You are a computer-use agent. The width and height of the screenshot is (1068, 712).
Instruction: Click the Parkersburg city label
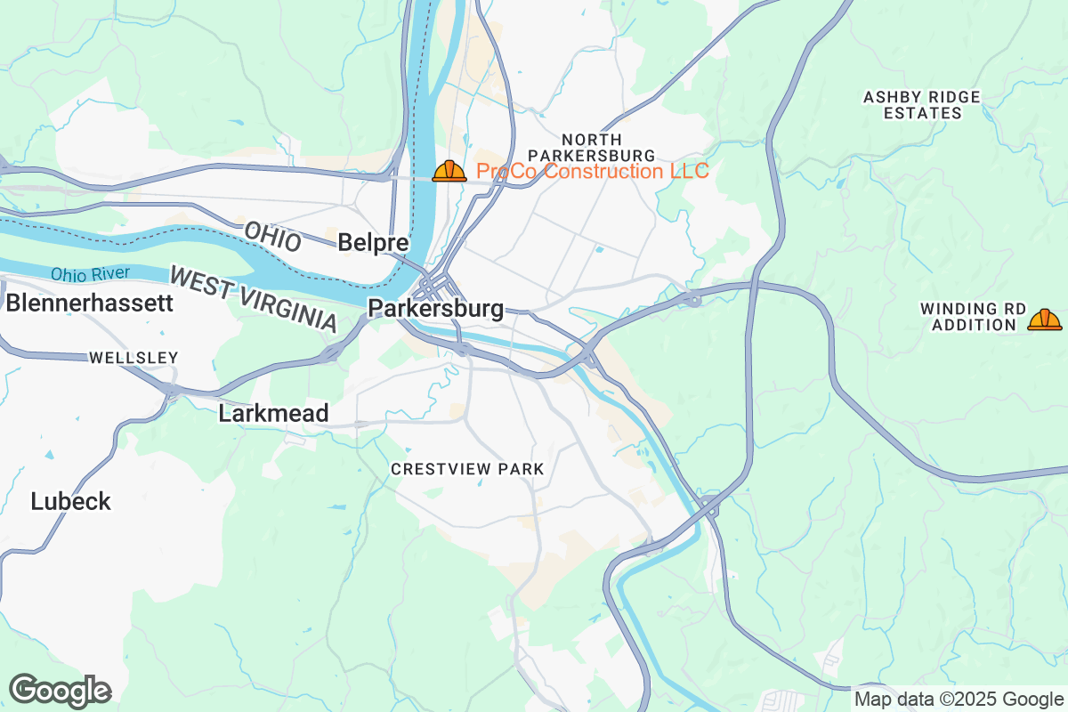tap(436, 310)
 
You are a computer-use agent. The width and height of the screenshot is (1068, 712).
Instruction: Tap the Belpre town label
tap(374, 242)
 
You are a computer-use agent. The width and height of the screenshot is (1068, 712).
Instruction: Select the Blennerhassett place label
tap(89, 303)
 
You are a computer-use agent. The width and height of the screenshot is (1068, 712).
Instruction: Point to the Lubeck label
tap(71, 501)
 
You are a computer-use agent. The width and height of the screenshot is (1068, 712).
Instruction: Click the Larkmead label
tap(274, 413)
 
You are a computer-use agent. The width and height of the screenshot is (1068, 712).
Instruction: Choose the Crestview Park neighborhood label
tap(467, 469)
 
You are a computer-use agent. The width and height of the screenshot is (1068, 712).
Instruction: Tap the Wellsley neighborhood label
tap(133, 358)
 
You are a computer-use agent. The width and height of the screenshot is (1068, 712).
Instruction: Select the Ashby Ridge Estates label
tap(922, 105)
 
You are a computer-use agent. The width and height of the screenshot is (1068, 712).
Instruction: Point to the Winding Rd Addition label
tap(973, 317)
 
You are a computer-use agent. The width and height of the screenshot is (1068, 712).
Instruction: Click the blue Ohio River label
tap(90, 274)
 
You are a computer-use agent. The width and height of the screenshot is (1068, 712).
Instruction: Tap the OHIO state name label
tap(272, 238)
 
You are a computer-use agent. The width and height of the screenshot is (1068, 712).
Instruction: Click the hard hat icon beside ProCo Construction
tap(449, 171)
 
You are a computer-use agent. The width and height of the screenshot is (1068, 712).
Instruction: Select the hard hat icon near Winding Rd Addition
tap(1044, 320)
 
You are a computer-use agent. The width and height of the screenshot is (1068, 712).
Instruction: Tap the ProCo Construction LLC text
tap(593, 171)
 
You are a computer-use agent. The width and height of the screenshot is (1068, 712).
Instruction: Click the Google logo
tap(61, 691)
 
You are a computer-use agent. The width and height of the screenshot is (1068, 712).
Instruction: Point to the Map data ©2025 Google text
tap(958, 699)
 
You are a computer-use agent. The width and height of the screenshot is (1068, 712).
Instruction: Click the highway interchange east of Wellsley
tap(169, 389)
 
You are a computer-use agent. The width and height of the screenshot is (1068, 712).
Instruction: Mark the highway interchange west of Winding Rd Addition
tap(692, 300)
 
